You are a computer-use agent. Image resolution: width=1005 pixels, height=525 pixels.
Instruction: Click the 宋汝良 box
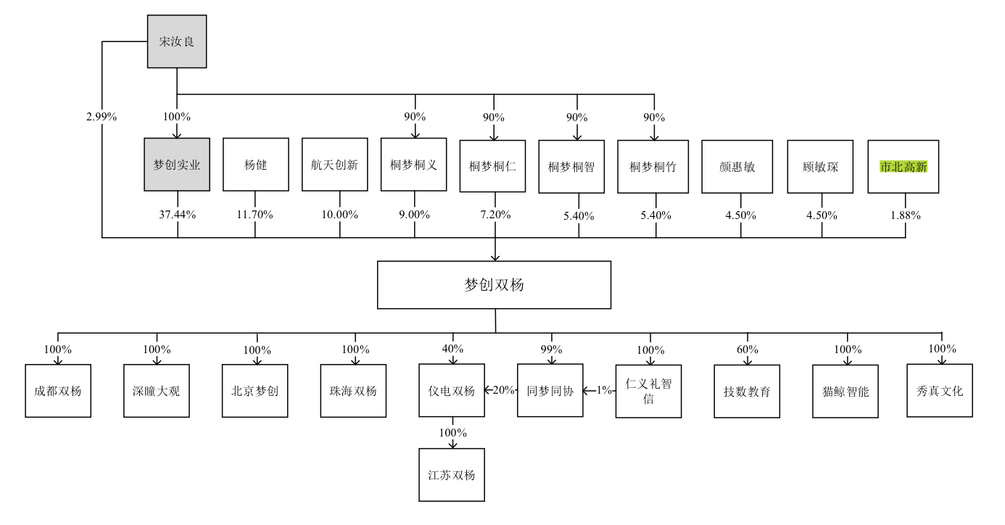pyautogui.click(x=177, y=41)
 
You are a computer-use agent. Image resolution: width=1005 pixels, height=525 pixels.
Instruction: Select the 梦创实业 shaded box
pyautogui.click(x=177, y=165)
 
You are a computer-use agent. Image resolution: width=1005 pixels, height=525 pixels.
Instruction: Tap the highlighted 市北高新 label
pyautogui.click(x=903, y=166)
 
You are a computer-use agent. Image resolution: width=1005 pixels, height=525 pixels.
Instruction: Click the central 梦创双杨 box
pyautogui.click(x=494, y=285)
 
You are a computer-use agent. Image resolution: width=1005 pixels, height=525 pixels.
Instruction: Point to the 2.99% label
pyautogui.click(x=102, y=117)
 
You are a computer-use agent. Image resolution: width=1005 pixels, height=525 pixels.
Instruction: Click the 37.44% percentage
pyautogui.click(x=177, y=215)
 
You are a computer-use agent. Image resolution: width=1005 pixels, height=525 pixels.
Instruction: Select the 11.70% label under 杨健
pyautogui.click(x=255, y=215)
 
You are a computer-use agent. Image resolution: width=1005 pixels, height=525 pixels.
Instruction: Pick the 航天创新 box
pyautogui.click(x=334, y=165)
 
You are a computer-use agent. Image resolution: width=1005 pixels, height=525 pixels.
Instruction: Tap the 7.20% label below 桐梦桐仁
pyautogui.click(x=495, y=215)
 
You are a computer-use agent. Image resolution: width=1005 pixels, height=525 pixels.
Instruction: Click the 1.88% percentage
pyautogui.click(x=905, y=215)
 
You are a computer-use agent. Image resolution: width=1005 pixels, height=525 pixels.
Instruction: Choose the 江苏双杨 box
pyautogui.click(x=452, y=476)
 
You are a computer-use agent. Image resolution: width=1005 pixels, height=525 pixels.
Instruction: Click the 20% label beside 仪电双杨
pyautogui.click(x=503, y=390)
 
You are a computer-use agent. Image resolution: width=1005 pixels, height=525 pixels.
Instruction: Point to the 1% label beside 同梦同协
pyautogui.click(x=603, y=390)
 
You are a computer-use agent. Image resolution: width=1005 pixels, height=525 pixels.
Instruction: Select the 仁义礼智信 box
pyautogui.click(x=648, y=391)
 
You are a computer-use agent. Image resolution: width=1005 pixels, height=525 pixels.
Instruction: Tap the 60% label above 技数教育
pyautogui.click(x=747, y=350)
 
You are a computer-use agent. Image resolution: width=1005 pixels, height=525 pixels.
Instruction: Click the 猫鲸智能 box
pyautogui.click(x=845, y=392)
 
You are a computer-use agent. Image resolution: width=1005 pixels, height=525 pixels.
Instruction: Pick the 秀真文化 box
pyautogui.click(x=940, y=391)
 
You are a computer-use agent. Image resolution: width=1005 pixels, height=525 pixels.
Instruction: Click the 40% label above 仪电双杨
pyautogui.click(x=452, y=349)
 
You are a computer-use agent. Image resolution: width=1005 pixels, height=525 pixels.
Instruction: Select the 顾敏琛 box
pyautogui.click(x=822, y=166)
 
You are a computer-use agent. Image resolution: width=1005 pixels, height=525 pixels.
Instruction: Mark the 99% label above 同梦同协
pyautogui.click(x=551, y=349)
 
